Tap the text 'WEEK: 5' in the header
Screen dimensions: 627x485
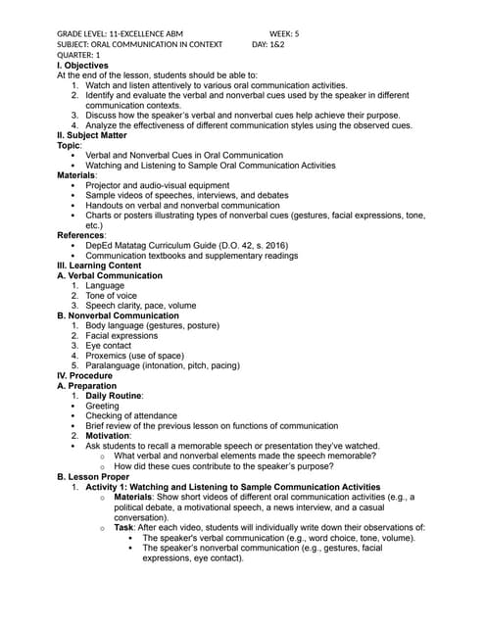tap(283, 33)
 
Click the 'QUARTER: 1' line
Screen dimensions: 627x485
tap(78, 55)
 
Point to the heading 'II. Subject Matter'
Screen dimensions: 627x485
tap(99, 135)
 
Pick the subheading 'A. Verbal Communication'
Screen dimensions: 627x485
tap(110, 275)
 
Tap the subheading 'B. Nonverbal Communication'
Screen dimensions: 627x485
tap(118, 315)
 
